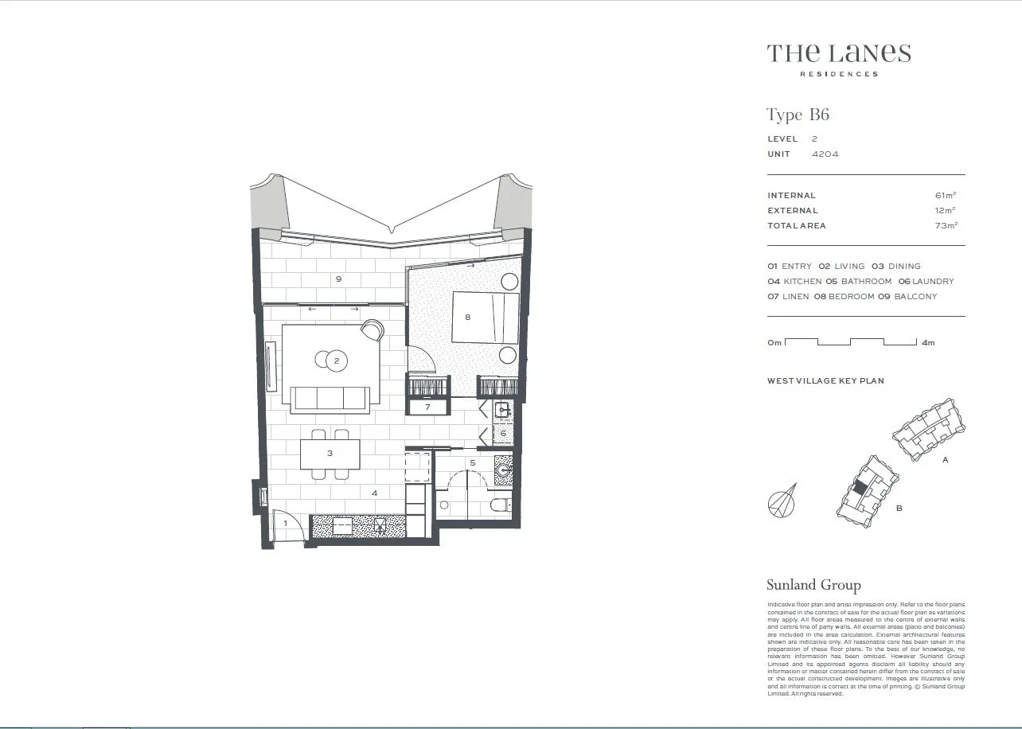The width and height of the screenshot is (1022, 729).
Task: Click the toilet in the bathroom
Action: [x=499, y=505]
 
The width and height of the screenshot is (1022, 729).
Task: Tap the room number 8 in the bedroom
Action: [x=468, y=317]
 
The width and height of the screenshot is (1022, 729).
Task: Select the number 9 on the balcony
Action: [x=339, y=279]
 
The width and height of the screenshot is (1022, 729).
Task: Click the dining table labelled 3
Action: [x=330, y=454]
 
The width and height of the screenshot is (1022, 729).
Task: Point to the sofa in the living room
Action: [x=330, y=398]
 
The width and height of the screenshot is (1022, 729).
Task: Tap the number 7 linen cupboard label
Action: [x=427, y=407]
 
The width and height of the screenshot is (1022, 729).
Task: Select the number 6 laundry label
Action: [x=503, y=433]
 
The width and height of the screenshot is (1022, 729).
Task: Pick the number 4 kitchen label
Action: [x=374, y=493]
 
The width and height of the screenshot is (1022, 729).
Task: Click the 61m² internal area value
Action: [x=946, y=195]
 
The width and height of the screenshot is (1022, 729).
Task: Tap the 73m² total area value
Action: [x=946, y=225]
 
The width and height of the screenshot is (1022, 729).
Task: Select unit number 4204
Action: [x=825, y=154]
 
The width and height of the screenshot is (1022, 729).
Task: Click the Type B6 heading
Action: [x=798, y=115]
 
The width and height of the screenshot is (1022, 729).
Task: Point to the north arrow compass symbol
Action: [x=782, y=502]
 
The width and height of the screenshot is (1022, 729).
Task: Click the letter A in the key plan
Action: [x=945, y=460]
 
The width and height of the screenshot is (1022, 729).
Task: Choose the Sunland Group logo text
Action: [x=813, y=585]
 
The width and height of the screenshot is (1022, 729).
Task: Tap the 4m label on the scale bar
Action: [x=927, y=343]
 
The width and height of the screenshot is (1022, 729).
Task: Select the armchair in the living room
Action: [x=372, y=330]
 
